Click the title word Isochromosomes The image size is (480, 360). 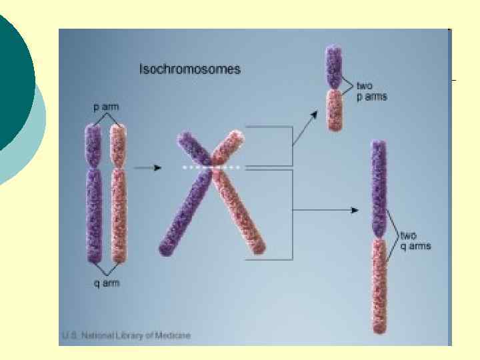tap(189, 69)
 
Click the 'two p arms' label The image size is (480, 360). tap(371, 91)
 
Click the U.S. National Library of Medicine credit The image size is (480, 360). tap(127, 335)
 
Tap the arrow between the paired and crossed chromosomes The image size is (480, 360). tap(147, 168)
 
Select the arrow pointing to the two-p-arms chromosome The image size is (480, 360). tap(306, 126)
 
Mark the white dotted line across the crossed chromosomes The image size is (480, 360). tap(212, 167)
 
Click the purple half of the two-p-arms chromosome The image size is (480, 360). tap(333, 66)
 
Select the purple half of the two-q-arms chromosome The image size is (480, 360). tap(379, 187)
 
